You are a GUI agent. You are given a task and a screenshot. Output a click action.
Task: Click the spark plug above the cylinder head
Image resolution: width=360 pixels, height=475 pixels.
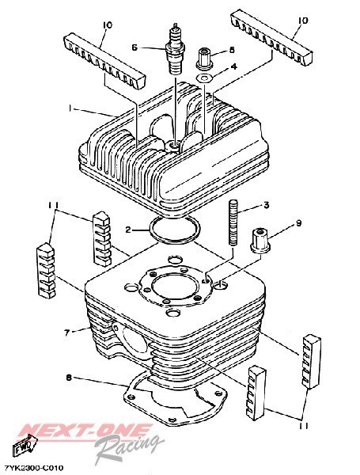pyautogui.click(x=174, y=49)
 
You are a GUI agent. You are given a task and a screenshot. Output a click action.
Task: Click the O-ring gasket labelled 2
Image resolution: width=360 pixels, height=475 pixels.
pyautogui.click(x=175, y=230)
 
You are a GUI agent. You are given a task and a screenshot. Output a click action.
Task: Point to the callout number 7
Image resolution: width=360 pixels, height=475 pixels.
pyautogui.click(x=67, y=332)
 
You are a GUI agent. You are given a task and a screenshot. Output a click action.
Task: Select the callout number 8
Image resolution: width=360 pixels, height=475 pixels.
pyautogui.click(x=69, y=378)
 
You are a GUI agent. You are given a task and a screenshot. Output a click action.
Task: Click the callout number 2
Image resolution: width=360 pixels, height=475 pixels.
pyautogui.click(x=128, y=230)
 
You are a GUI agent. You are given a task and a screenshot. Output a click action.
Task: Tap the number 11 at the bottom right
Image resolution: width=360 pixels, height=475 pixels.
pyautogui.click(x=303, y=426)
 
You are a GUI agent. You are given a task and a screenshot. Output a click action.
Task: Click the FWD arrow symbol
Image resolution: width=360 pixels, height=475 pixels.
pyautogui.click(x=25, y=446)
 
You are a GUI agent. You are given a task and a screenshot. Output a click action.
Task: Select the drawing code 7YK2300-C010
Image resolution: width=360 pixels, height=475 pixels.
pyautogui.click(x=34, y=468)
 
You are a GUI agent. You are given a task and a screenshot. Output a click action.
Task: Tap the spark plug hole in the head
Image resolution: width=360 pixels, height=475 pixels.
pyautogui.click(x=173, y=146)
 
